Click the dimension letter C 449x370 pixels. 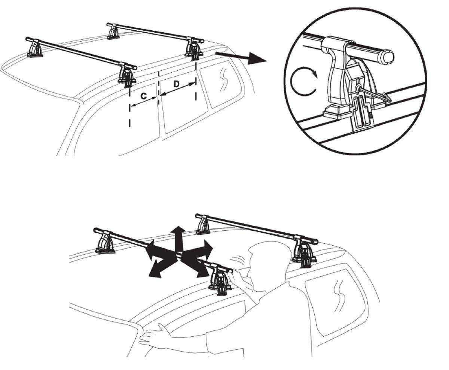[x=144, y=96]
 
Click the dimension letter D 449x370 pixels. [x=177, y=84]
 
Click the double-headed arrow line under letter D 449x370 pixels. [x=177, y=90]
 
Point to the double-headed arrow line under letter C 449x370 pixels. [x=144, y=101]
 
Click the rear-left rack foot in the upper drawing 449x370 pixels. [x=113, y=32]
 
